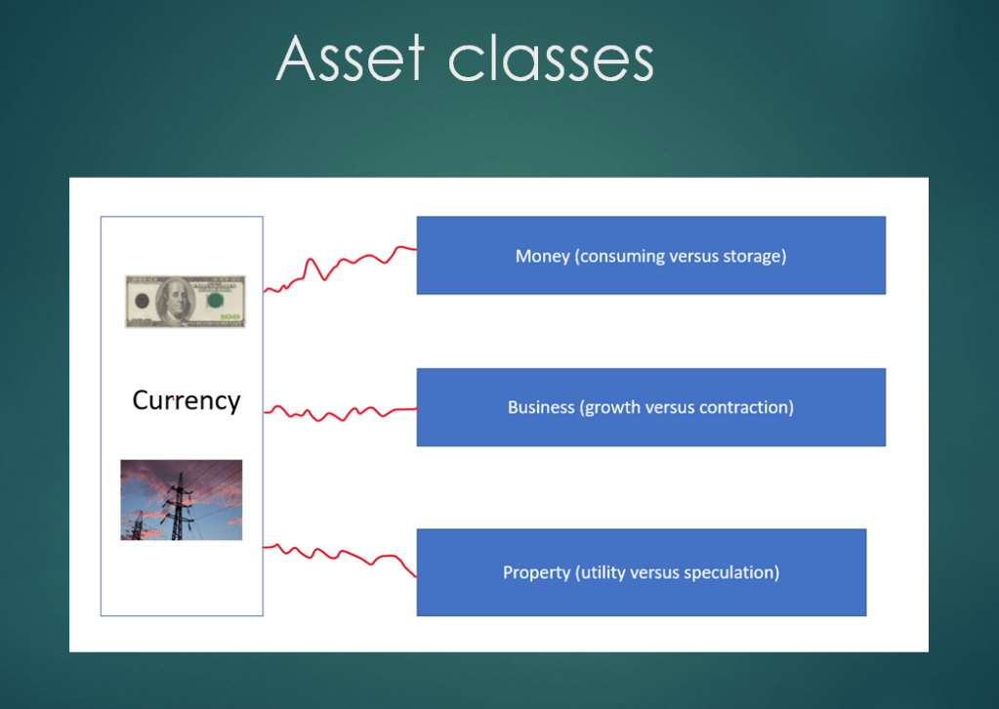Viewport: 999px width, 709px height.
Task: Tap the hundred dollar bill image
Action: (186, 302)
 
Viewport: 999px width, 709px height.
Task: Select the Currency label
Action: (187, 400)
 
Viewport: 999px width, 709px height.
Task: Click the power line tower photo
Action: (182, 500)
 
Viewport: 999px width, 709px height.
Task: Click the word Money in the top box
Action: (542, 256)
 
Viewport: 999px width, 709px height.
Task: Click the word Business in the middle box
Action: (541, 407)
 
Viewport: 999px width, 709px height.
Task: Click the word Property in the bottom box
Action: (536, 572)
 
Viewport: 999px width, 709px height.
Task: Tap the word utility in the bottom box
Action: (601, 572)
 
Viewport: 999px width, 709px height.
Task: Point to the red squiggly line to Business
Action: (340, 413)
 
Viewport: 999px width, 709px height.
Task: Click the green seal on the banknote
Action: (216, 300)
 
